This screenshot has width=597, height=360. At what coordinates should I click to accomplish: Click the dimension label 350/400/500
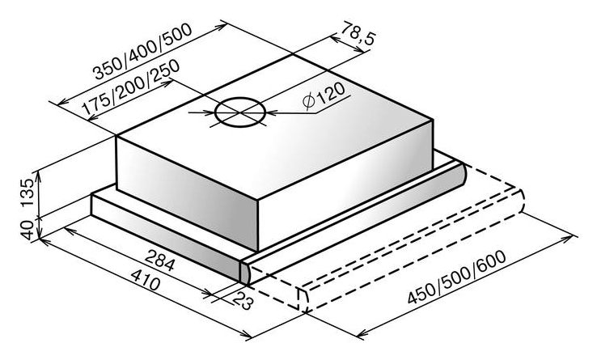tap(143, 52)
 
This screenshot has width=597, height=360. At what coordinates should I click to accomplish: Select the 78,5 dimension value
tap(357, 33)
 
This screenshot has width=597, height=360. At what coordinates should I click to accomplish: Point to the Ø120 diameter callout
tap(324, 95)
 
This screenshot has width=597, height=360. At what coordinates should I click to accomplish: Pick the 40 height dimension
tap(28, 230)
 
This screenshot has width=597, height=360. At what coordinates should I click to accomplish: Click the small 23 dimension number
tap(242, 301)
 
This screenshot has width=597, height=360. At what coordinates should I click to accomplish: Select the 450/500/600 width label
tap(457, 277)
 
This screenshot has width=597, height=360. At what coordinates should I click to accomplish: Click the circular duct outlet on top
tap(240, 112)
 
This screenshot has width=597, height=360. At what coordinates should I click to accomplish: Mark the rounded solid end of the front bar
tap(459, 176)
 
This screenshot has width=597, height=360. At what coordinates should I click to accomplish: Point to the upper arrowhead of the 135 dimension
tap(37, 176)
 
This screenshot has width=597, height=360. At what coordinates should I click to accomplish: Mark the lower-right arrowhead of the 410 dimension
tap(245, 334)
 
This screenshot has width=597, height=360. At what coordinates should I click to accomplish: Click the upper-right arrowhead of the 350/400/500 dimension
tap(221, 26)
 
